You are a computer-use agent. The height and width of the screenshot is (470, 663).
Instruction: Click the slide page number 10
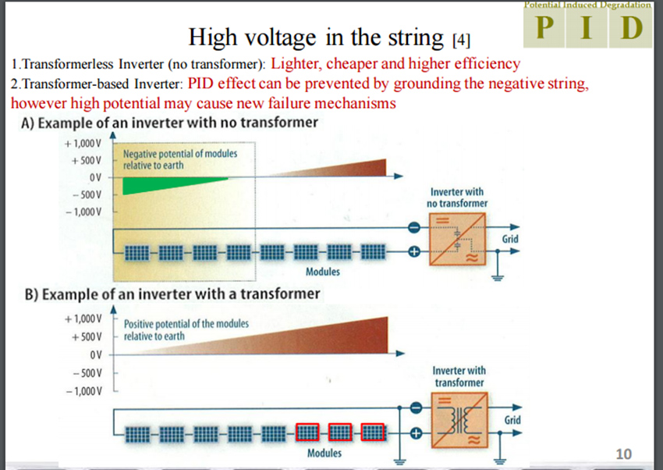click(624, 454)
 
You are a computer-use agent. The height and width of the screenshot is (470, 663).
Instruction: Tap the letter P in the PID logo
click(544, 27)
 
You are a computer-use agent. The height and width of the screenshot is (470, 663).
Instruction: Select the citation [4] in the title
click(461, 40)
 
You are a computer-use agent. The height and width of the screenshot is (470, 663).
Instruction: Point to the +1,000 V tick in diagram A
click(83, 144)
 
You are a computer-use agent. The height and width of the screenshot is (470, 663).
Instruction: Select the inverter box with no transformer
click(457, 239)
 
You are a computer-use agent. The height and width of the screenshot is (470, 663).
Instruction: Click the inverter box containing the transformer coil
click(459, 420)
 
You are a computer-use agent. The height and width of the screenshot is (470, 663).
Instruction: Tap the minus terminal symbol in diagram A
click(414, 228)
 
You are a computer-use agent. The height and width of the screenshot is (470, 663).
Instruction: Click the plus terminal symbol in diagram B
click(416, 433)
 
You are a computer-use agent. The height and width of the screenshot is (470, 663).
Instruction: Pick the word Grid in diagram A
click(510, 239)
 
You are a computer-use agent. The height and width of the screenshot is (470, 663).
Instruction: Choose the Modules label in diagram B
click(324, 453)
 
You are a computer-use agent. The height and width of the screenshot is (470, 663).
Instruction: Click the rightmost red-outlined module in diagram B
click(373, 433)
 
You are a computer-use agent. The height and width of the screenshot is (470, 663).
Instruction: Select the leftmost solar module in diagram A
click(137, 252)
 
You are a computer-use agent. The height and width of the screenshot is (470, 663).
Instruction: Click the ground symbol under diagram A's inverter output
click(498, 278)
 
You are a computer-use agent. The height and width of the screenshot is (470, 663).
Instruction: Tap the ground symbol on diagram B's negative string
click(399, 461)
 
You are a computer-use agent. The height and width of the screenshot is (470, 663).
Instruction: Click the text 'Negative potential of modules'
click(180, 154)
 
